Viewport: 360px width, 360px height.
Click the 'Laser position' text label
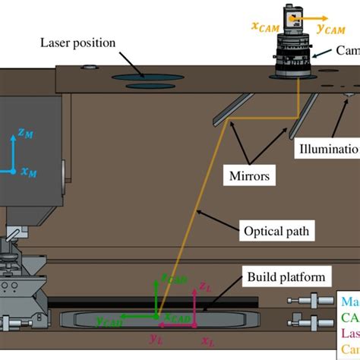pyautogui.click(x=78, y=43)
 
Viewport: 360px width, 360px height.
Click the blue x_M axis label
pyautogui.click(x=28, y=172)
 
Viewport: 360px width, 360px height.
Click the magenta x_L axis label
pyautogui.click(x=207, y=342)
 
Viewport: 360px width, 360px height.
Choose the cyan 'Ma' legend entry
pyautogui.click(x=351, y=303)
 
